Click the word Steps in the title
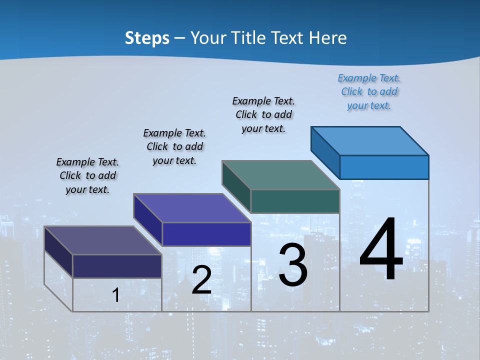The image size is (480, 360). coord(147,38)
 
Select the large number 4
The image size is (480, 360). coord(381,250)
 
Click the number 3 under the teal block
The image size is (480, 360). coord(293,265)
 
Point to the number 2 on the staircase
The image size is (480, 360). coord(201,280)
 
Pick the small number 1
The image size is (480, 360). coord(115,295)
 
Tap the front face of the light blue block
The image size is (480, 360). coord(384,167)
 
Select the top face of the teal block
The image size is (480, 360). coord(280,175)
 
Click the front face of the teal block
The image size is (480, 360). coord(295,201)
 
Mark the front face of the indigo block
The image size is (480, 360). coord(206,234)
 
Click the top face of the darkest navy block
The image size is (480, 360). coord(102,240)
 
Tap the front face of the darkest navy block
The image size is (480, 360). coord(117,266)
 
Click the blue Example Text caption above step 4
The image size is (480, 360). coord(369,92)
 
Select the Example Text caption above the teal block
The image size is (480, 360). coord(263,115)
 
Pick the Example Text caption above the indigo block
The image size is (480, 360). coord(174,146)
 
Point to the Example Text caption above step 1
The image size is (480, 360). coord(87,175)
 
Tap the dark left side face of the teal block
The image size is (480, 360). coord(236,186)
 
